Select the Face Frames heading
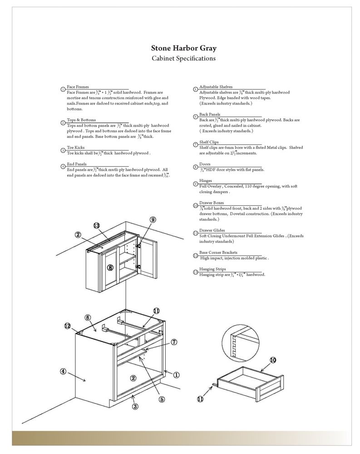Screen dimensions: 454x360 coord(78,86)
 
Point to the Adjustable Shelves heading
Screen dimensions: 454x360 coord(216,86)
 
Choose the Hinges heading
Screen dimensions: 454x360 coord(206,180)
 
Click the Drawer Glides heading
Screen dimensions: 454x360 coord(212,230)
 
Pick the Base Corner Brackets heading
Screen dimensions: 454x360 coord(218,252)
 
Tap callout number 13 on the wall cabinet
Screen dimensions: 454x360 coord(96,225)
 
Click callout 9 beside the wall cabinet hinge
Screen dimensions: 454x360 coord(153,219)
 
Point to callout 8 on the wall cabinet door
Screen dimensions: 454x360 coord(110,267)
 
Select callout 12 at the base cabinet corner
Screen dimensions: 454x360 coord(67,326)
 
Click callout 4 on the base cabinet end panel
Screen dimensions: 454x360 coord(64,371)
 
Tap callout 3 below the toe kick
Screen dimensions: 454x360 coord(135,406)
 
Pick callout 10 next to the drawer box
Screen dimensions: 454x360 coord(272,360)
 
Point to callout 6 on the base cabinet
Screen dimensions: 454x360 coord(88,317)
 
